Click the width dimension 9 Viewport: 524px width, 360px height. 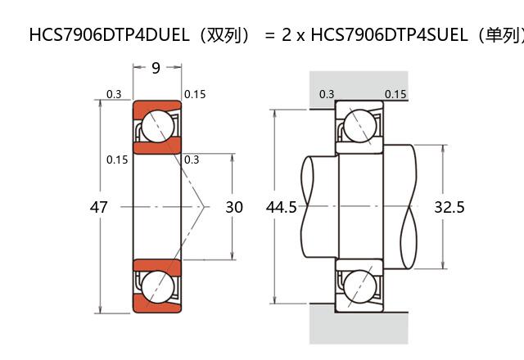pyautogui.click(x=156, y=68)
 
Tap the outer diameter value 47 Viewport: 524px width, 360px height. pyautogui.click(x=98, y=207)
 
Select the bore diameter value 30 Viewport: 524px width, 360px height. pyautogui.click(x=234, y=207)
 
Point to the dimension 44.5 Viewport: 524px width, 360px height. pyautogui.click(x=281, y=207)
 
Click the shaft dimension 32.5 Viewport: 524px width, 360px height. pyautogui.click(x=449, y=207)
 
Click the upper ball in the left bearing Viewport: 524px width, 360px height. pyautogui.click(x=156, y=127)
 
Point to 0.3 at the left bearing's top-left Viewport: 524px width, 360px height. pyautogui.click(x=114, y=94)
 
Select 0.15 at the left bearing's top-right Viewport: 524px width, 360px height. pyautogui.click(x=195, y=94)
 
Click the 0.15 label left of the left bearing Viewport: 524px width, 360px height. pyautogui.click(x=117, y=160)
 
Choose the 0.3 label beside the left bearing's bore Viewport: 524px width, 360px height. pyautogui.click(x=192, y=160)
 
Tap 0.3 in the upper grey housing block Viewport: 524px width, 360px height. pyautogui.click(x=327, y=94)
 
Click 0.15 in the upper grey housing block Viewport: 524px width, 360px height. pyautogui.click(x=395, y=94)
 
